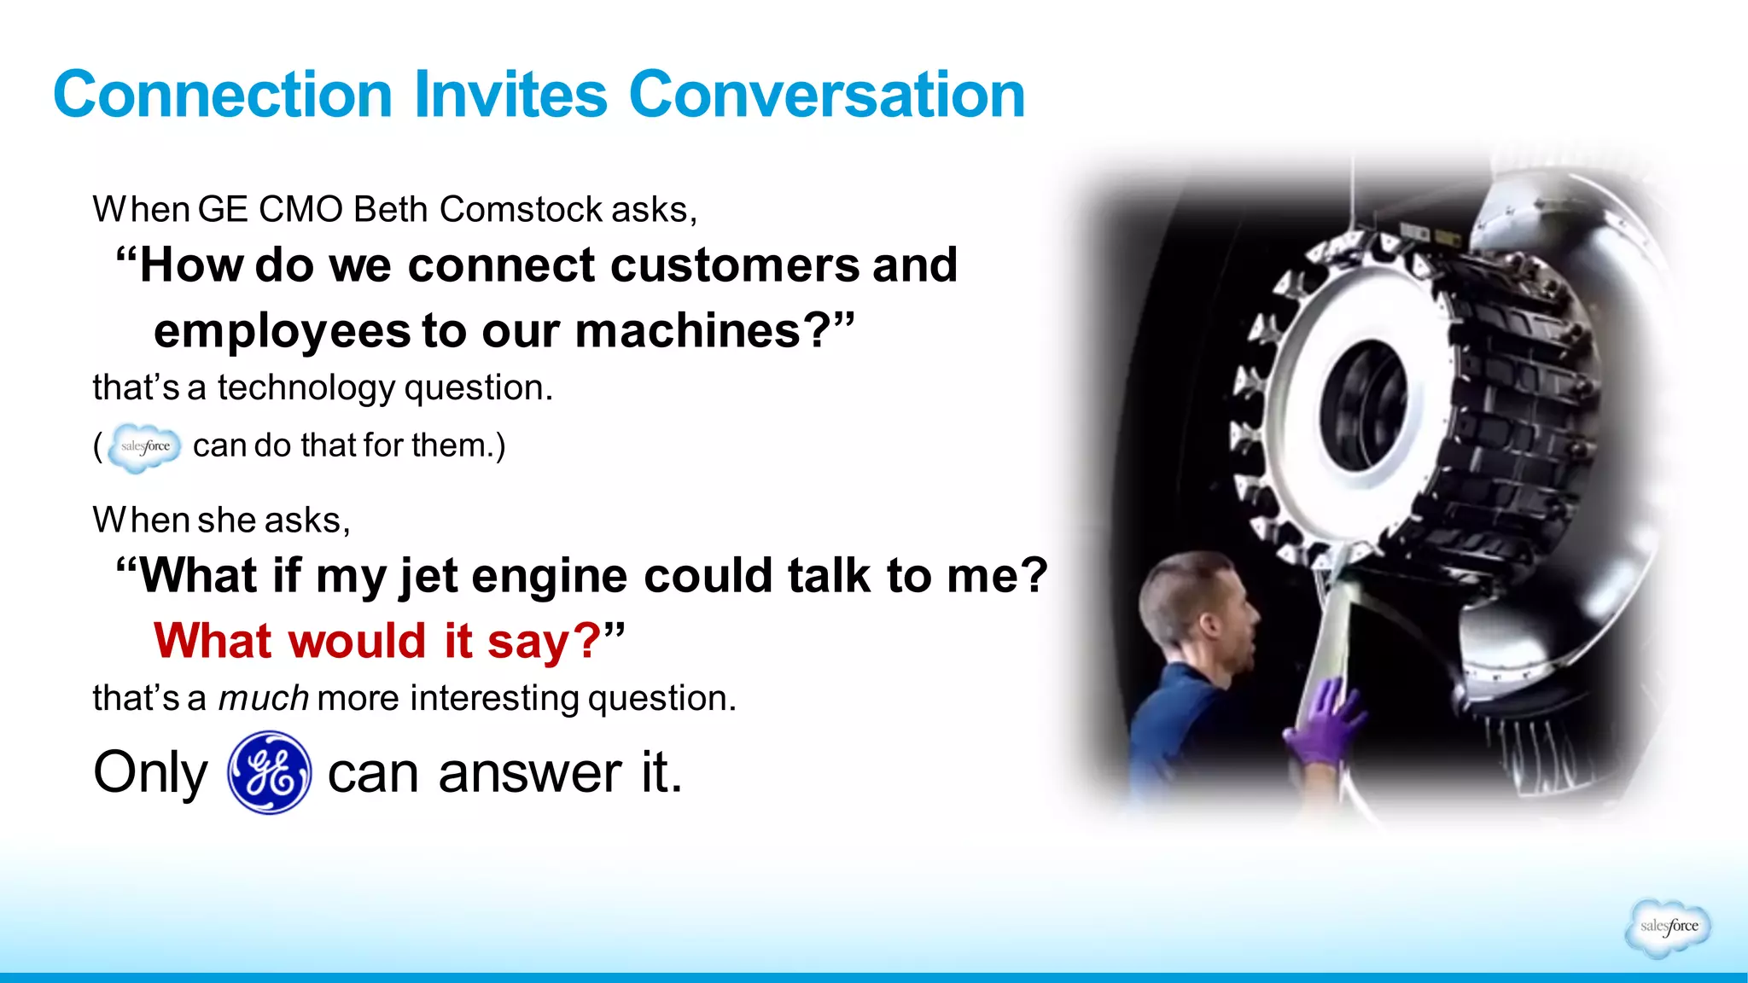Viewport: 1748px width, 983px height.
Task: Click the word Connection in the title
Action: tap(222, 95)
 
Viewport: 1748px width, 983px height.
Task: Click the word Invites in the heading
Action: tap(510, 95)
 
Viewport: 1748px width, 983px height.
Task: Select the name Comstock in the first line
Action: tap(521, 210)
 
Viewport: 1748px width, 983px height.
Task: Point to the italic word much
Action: tap(263, 699)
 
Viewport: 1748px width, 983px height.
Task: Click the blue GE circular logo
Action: tap(269, 772)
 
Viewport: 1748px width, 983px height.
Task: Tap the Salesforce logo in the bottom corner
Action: tap(1668, 927)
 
